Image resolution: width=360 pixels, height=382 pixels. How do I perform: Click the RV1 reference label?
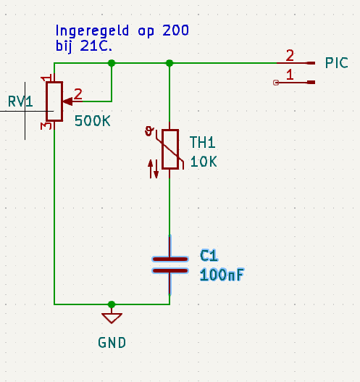(x=20, y=101)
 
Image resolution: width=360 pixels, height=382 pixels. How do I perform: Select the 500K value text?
(x=93, y=121)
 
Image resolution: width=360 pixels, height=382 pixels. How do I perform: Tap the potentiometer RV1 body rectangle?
(x=54, y=101)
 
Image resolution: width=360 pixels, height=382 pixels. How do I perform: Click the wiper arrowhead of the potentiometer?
(x=67, y=101)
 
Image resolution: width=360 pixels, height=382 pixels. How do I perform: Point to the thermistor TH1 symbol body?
(x=170, y=149)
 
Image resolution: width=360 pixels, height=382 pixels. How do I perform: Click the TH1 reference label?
(x=202, y=142)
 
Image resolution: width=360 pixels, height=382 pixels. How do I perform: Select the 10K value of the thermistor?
(x=204, y=162)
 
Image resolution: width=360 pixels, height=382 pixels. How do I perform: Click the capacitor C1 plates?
(x=170, y=265)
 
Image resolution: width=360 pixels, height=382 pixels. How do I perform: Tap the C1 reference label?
(x=209, y=256)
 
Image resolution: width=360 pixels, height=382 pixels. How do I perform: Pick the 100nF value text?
(x=222, y=275)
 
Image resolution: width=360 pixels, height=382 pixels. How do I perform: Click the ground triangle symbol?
(x=112, y=318)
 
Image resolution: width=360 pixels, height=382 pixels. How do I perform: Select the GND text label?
(x=112, y=343)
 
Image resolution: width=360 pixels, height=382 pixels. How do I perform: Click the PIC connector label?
(x=337, y=63)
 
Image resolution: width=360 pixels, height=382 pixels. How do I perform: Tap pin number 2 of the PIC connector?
(x=290, y=56)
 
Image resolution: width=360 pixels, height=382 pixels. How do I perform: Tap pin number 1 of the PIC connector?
(x=290, y=75)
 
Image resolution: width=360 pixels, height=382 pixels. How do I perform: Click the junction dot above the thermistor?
(x=169, y=63)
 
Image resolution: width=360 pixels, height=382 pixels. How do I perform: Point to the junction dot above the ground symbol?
(x=112, y=304)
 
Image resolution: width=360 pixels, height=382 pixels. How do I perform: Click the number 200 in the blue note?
(x=175, y=30)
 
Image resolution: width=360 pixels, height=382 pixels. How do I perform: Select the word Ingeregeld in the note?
(x=92, y=32)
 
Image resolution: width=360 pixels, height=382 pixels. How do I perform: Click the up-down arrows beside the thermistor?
(x=154, y=169)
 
